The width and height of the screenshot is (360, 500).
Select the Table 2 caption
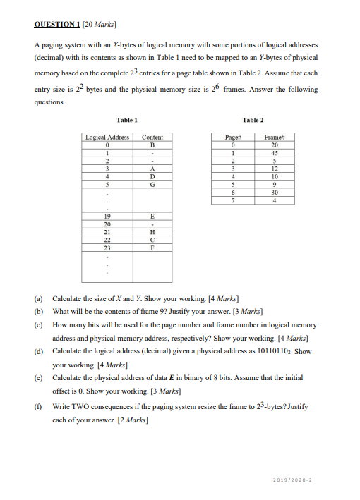[x=252, y=121]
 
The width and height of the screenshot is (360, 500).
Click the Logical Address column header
[x=107, y=137]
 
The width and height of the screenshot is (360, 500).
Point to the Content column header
[x=152, y=137]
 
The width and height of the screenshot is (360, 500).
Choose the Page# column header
[x=233, y=137]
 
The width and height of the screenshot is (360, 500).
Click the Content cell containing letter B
[x=152, y=145]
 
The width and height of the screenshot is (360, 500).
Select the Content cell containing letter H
[x=152, y=232]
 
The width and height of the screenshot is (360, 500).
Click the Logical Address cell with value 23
[x=107, y=247]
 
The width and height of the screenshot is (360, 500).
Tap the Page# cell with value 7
[x=233, y=200]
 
